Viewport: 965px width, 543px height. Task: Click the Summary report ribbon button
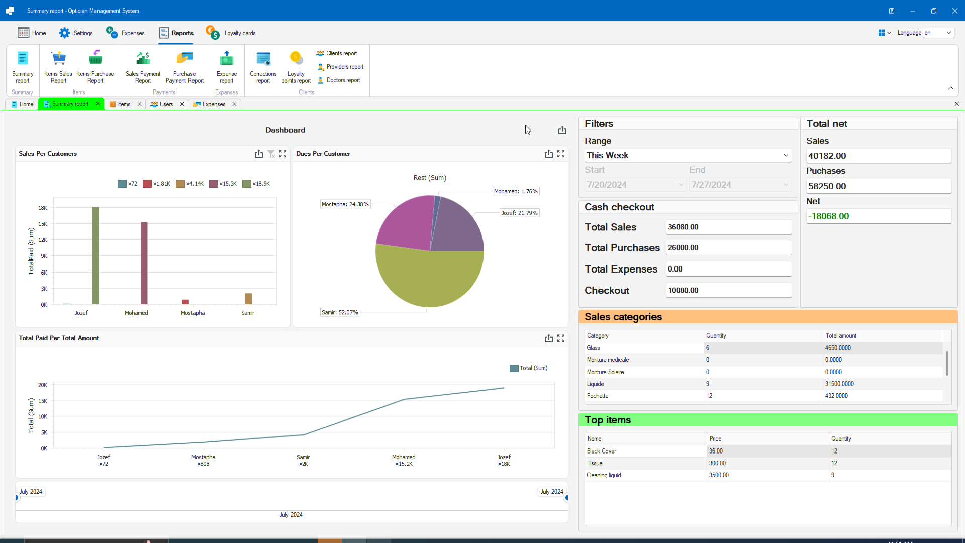(x=23, y=67)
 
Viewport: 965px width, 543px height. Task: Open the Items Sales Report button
(x=58, y=67)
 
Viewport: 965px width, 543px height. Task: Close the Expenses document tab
(x=234, y=104)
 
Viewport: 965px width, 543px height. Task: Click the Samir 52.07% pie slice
(x=430, y=279)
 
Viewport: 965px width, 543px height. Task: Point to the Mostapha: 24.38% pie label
(x=345, y=204)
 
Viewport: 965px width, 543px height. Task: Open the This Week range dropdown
(x=688, y=156)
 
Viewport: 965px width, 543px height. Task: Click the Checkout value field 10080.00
(x=728, y=290)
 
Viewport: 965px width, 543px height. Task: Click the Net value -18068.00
(x=878, y=216)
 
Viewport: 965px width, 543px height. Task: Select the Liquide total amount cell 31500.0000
(x=839, y=384)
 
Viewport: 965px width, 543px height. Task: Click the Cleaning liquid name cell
(x=604, y=475)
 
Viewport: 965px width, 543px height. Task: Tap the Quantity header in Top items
(x=841, y=439)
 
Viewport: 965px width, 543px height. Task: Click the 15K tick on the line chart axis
(x=43, y=401)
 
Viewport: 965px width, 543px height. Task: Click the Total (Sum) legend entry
(x=528, y=368)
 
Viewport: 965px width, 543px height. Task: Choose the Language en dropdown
(x=938, y=33)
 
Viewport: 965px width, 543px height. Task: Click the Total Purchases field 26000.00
(x=728, y=248)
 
